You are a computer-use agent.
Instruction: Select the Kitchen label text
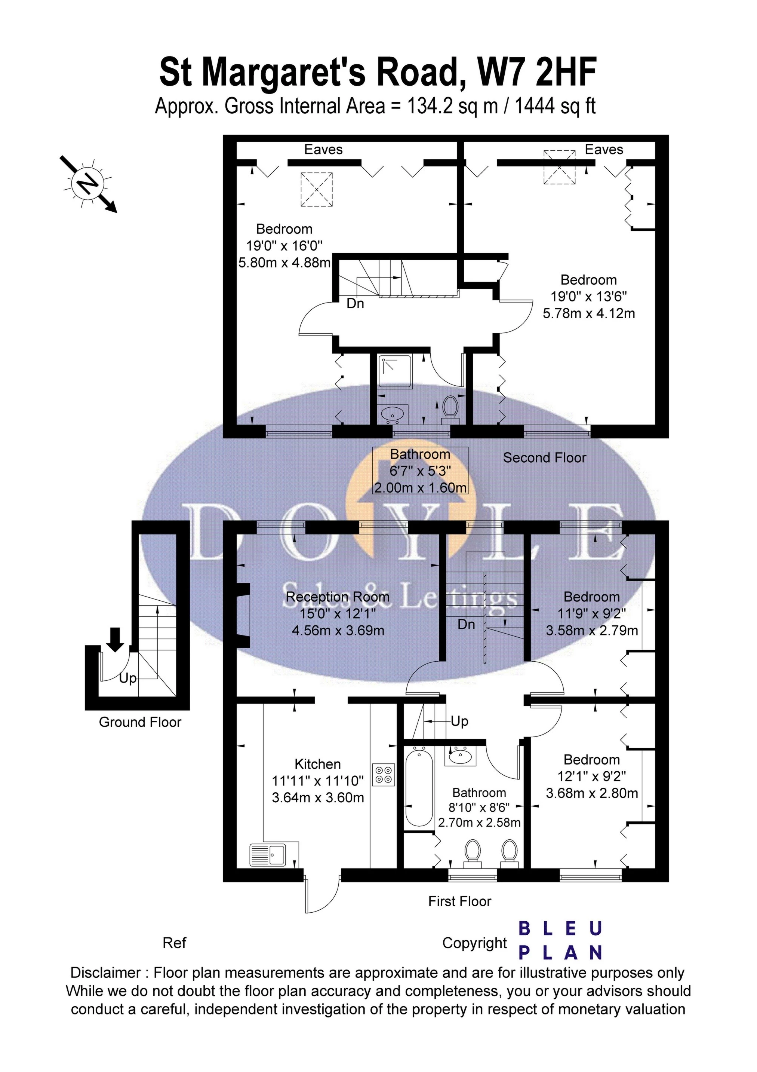point(318,764)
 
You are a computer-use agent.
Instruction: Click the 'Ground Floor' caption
point(140,722)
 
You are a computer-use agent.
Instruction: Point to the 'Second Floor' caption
point(544,457)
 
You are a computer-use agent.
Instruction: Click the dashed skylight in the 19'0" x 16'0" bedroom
point(316,189)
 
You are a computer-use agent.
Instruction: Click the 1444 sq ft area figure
point(555,107)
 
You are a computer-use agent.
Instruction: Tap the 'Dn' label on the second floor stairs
point(355,304)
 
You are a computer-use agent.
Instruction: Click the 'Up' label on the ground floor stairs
point(127,679)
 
